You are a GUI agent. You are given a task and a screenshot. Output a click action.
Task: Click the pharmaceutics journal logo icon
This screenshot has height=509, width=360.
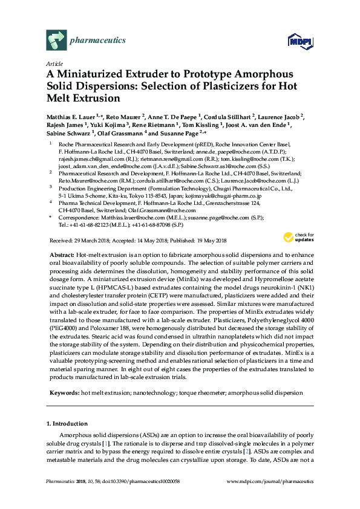pos(56,40)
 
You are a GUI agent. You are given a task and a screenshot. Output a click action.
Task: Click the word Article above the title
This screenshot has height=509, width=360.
pos(54,62)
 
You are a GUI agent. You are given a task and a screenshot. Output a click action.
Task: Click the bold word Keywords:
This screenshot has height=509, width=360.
pos(63,392)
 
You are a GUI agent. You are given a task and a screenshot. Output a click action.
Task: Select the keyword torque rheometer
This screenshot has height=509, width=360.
pos(196,392)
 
